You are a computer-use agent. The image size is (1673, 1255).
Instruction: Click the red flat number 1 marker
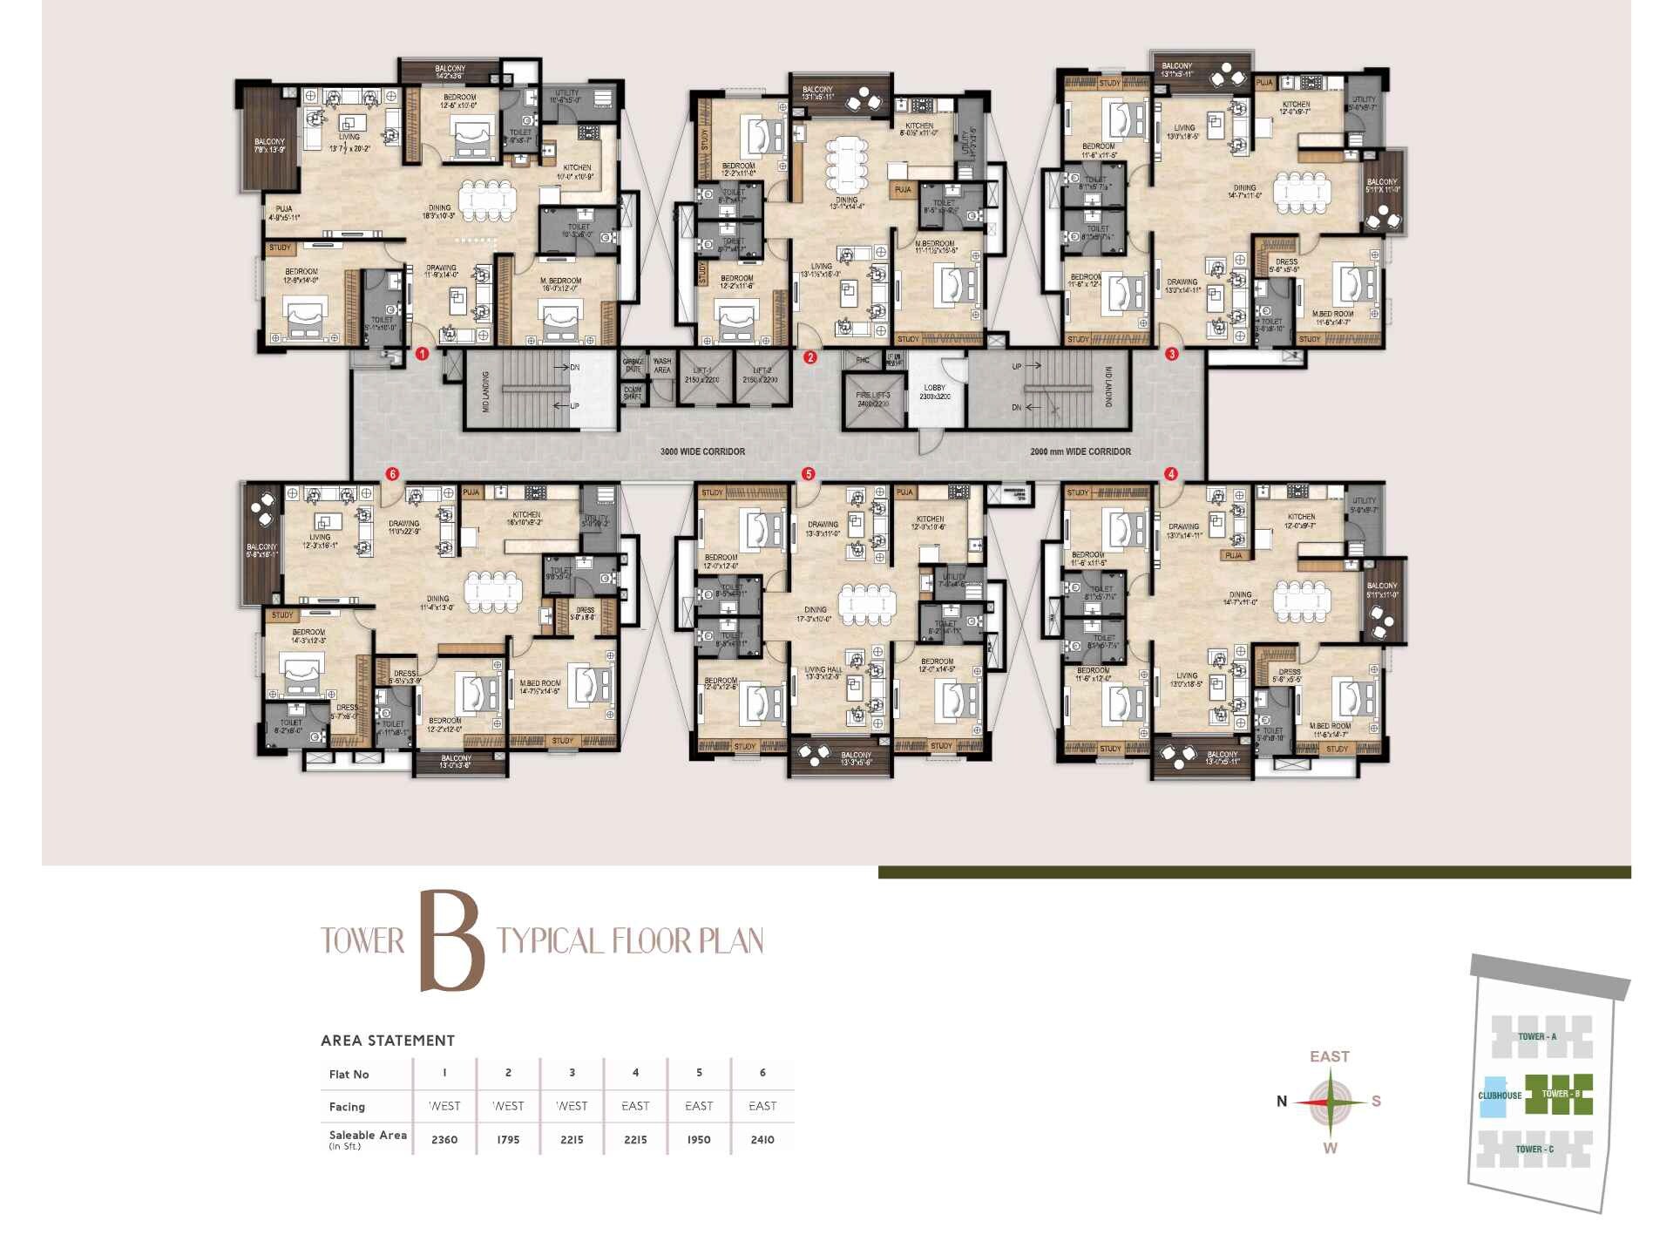tap(422, 354)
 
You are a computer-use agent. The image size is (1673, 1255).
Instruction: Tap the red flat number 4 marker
tap(1171, 474)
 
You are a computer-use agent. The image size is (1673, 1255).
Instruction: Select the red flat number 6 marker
tap(392, 474)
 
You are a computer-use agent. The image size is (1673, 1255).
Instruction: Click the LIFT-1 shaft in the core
tap(702, 376)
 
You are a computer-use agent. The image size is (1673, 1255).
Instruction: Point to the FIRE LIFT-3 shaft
tap(873, 399)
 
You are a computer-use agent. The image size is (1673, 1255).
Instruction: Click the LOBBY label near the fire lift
tap(934, 389)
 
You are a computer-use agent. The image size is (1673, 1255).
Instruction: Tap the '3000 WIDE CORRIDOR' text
tap(702, 451)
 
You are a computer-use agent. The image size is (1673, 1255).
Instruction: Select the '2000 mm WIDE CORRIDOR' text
tap(1080, 451)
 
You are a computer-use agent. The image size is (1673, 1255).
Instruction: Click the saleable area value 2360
tap(444, 1139)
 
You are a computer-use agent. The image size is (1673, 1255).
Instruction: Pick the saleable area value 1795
tap(508, 1139)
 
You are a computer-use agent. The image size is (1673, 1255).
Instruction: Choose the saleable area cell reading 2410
tap(762, 1139)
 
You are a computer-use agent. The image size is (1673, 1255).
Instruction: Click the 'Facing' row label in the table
tap(347, 1107)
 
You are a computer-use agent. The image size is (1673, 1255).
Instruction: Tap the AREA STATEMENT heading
tap(388, 1040)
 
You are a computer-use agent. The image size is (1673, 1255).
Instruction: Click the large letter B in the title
tap(451, 941)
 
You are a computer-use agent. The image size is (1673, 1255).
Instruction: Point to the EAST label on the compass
tap(1330, 1056)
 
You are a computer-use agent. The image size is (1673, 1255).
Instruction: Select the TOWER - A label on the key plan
tap(1537, 1036)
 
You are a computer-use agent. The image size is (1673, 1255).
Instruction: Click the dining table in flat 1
tap(488, 200)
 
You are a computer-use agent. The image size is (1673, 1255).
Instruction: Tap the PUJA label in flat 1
tap(284, 209)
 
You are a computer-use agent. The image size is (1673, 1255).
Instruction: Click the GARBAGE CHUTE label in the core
tap(633, 364)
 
